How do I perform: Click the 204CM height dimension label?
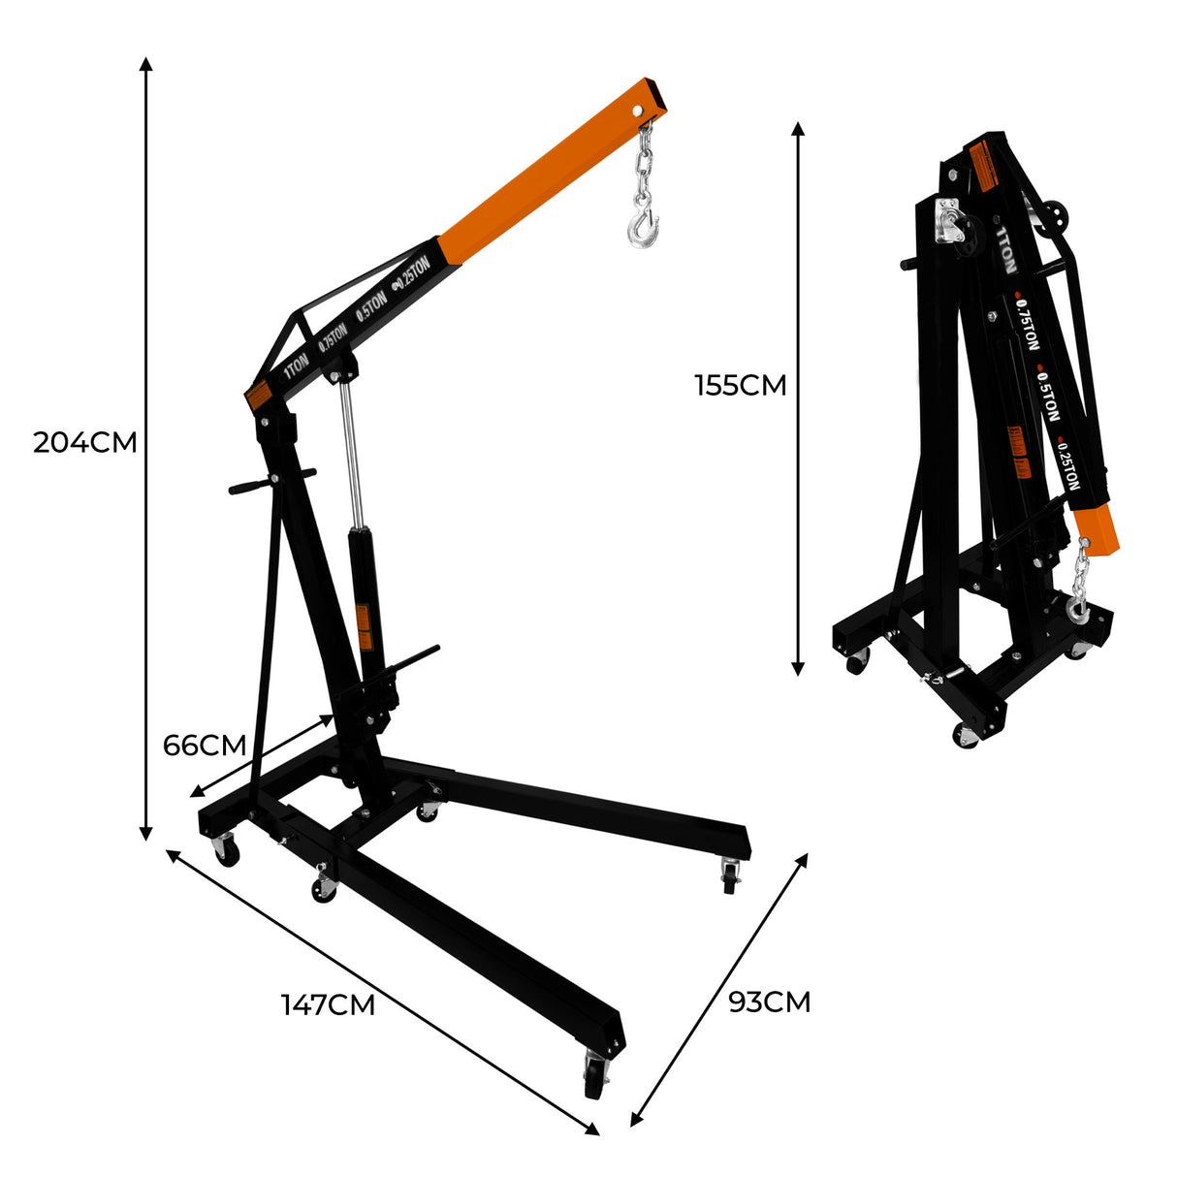tap(85, 442)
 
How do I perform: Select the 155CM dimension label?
tap(740, 385)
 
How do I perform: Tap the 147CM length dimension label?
tap(329, 1004)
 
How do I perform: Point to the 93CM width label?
tap(769, 1002)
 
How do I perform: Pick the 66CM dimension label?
tap(205, 746)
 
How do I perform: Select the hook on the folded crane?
tap(1077, 608)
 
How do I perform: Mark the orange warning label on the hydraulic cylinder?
tap(364, 627)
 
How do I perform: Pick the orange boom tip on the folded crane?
tap(1101, 532)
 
